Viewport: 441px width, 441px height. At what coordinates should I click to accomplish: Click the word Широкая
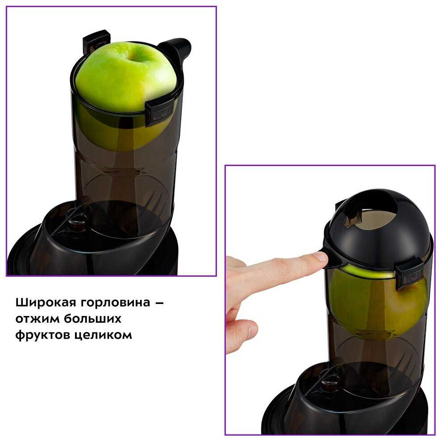[46, 303]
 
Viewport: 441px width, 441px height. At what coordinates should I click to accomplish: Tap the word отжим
[37, 319]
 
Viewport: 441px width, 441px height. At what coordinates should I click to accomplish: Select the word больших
[92, 318]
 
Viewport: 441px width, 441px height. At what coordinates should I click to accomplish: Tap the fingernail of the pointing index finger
[320, 257]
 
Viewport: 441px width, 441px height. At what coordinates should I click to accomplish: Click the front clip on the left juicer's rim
[159, 112]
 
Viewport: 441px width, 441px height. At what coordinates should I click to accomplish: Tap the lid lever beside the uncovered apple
[176, 50]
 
